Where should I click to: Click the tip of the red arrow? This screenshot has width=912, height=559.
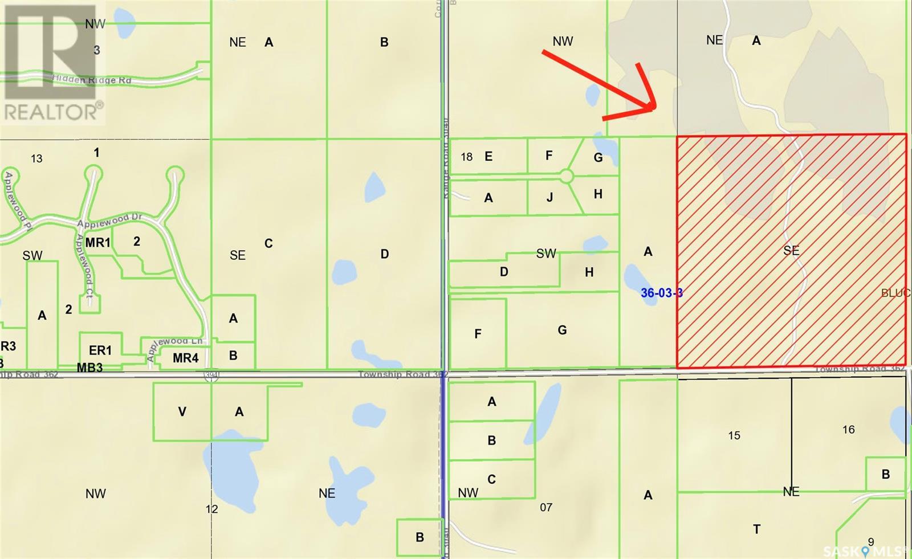pyautogui.click(x=654, y=107)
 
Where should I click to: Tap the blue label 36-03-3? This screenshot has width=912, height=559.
pyautogui.click(x=661, y=293)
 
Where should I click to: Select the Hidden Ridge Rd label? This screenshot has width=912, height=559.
pyautogui.click(x=92, y=80)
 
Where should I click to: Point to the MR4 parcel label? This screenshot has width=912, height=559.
pyautogui.click(x=185, y=358)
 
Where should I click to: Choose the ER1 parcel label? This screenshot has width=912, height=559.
pyautogui.click(x=100, y=350)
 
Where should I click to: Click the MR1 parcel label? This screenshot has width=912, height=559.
pyautogui.click(x=97, y=243)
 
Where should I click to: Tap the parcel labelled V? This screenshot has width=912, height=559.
pyautogui.click(x=182, y=411)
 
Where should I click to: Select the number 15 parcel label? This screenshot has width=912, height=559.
pyautogui.click(x=734, y=435)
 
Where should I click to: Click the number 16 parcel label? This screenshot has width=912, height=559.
pyautogui.click(x=848, y=429)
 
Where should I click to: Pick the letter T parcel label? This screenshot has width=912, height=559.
pyautogui.click(x=756, y=529)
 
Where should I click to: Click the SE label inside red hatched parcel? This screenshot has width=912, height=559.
pyautogui.click(x=791, y=250)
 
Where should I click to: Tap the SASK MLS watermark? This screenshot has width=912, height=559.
pyautogui.click(x=875, y=550)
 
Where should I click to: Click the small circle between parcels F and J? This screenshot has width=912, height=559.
pyautogui.click(x=566, y=176)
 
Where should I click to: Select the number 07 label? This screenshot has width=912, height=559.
pyautogui.click(x=545, y=507)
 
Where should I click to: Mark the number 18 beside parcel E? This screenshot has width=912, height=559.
pyautogui.click(x=467, y=157)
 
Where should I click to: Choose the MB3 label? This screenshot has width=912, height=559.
pyautogui.click(x=90, y=368)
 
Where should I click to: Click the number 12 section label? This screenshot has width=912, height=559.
pyautogui.click(x=211, y=509)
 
